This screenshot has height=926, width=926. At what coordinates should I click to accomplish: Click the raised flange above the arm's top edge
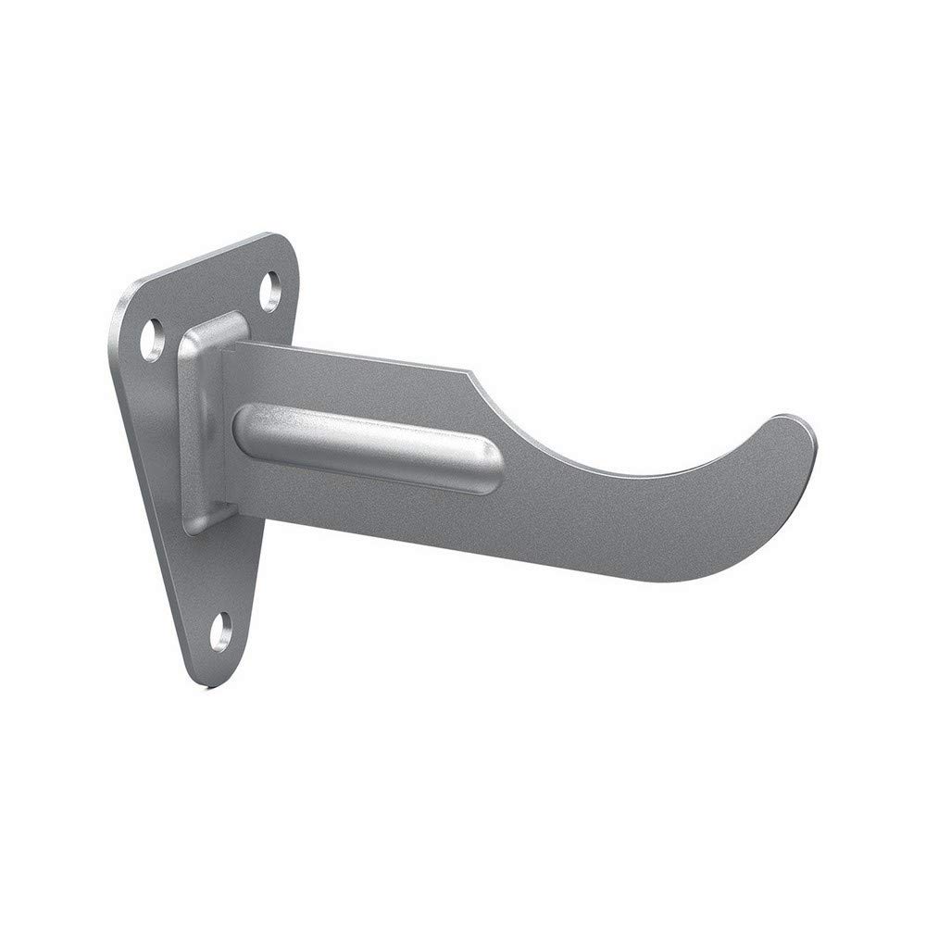pyautogui.click(x=222, y=326)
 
